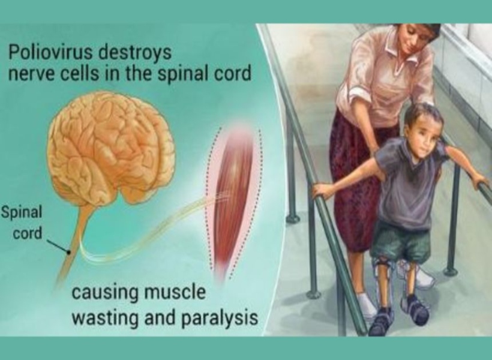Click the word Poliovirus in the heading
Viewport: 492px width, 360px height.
[x=50, y=52]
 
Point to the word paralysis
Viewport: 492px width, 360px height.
[x=220, y=318]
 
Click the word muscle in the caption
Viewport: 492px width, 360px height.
[x=175, y=292]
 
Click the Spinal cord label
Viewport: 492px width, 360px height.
[x=23, y=223]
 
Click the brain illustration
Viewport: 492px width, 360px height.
[x=110, y=148]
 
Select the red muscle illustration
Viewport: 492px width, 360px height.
[x=233, y=201]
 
